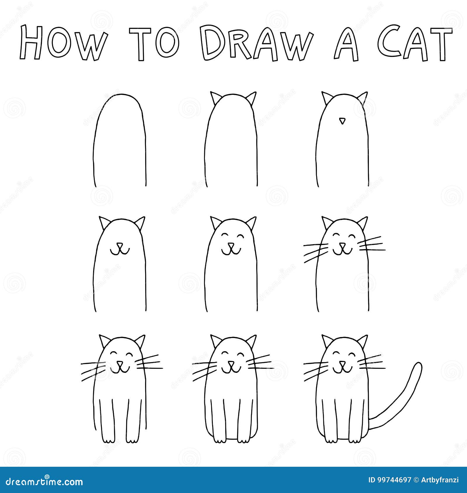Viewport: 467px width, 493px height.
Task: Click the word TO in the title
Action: coord(155,44)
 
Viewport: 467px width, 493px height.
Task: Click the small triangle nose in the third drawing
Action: coord(342,120)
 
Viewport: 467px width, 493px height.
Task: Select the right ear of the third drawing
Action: coord(363,98)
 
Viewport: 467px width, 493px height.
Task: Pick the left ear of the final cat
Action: coord(327,340)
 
